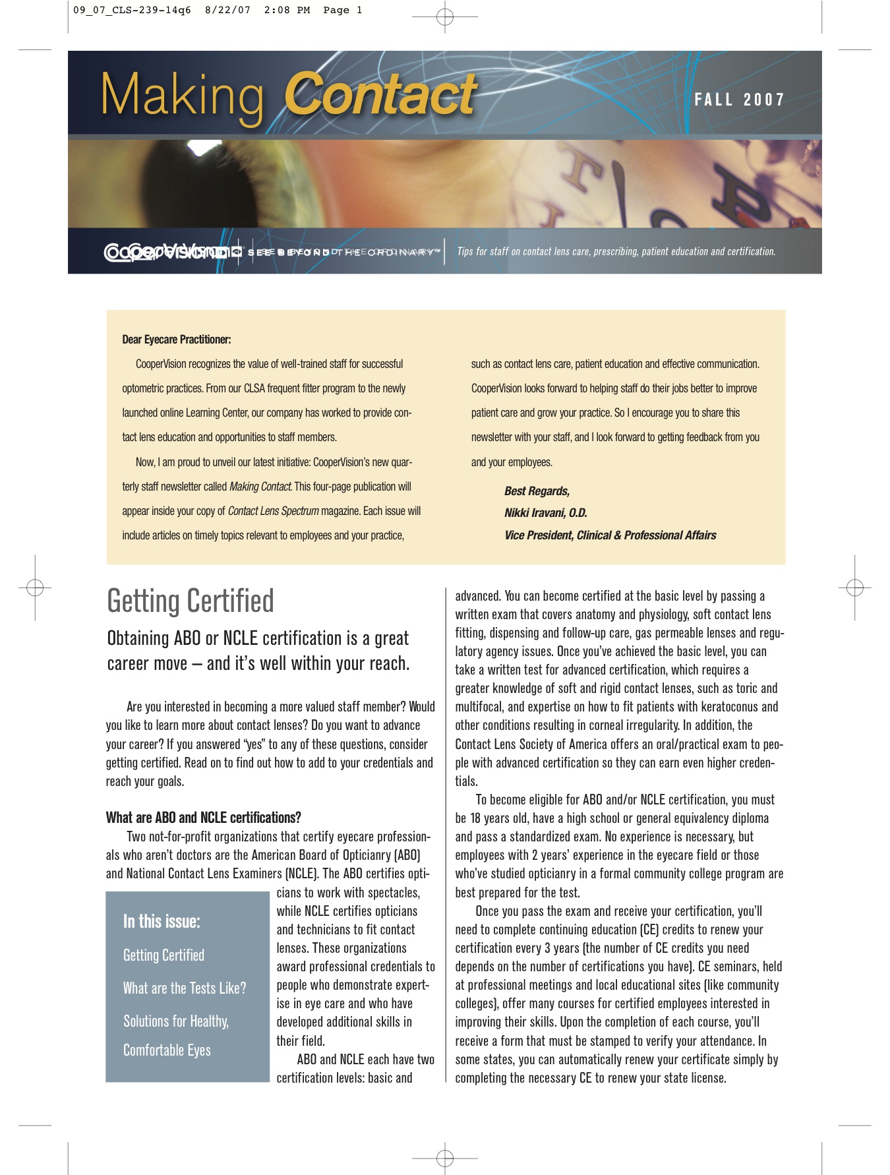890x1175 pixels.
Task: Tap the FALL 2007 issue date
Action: tap(739, 100)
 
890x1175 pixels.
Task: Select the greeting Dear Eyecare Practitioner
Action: tap(177, 340)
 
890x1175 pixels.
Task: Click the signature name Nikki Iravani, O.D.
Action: tap(545, 513)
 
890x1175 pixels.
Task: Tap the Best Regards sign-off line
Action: tap(537, 491)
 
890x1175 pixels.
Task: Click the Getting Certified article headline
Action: tap(191, 601)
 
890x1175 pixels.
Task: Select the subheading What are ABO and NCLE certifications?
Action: tap(203, 818)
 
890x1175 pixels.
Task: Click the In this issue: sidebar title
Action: tap(162, 921)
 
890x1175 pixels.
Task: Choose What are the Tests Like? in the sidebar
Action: tap(185, 988)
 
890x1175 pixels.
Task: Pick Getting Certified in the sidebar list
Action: tap(163, 955)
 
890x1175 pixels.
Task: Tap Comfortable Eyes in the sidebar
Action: tap(167, 1050)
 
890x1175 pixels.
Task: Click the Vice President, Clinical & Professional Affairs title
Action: tap(610, 535)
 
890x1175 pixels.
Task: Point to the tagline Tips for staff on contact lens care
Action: tap(616, 251)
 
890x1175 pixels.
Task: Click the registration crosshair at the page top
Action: tap(445, 17)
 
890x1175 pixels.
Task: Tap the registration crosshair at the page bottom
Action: tap(445, 1158)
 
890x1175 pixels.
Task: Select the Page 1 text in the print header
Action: tap(343, 10)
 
